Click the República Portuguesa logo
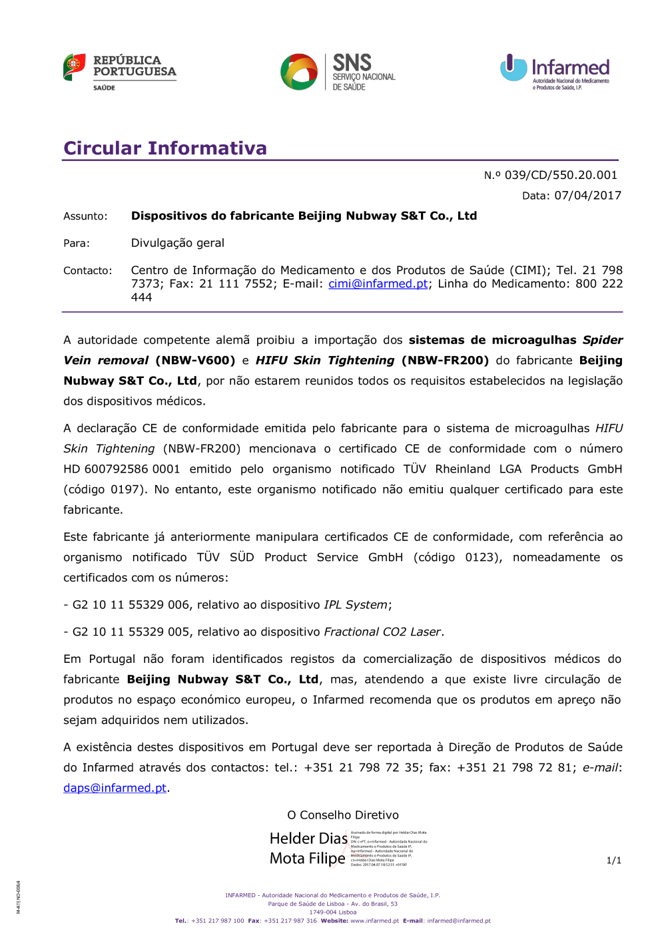tap(120, 71)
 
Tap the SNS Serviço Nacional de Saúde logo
tap(338, 72)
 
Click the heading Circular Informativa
tap(165, 148)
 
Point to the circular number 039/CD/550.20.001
tap(561, 175)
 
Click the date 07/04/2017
tap(587, 196)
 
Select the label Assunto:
tap(85, 216)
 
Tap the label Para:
tap(77, 244)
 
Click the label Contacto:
tap(88, 271)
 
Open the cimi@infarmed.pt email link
tap(378, 284)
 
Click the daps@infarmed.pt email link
tap(115, 788)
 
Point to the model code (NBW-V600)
tap(195, 361)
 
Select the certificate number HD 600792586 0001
tap(122, 469)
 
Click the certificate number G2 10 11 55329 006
tap(131, 605)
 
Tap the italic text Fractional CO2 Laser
tap(382, 632)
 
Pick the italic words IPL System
tap(356, 605)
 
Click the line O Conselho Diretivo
tap(343, 815)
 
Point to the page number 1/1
tap(613, 860)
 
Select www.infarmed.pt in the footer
tap(374, 921)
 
